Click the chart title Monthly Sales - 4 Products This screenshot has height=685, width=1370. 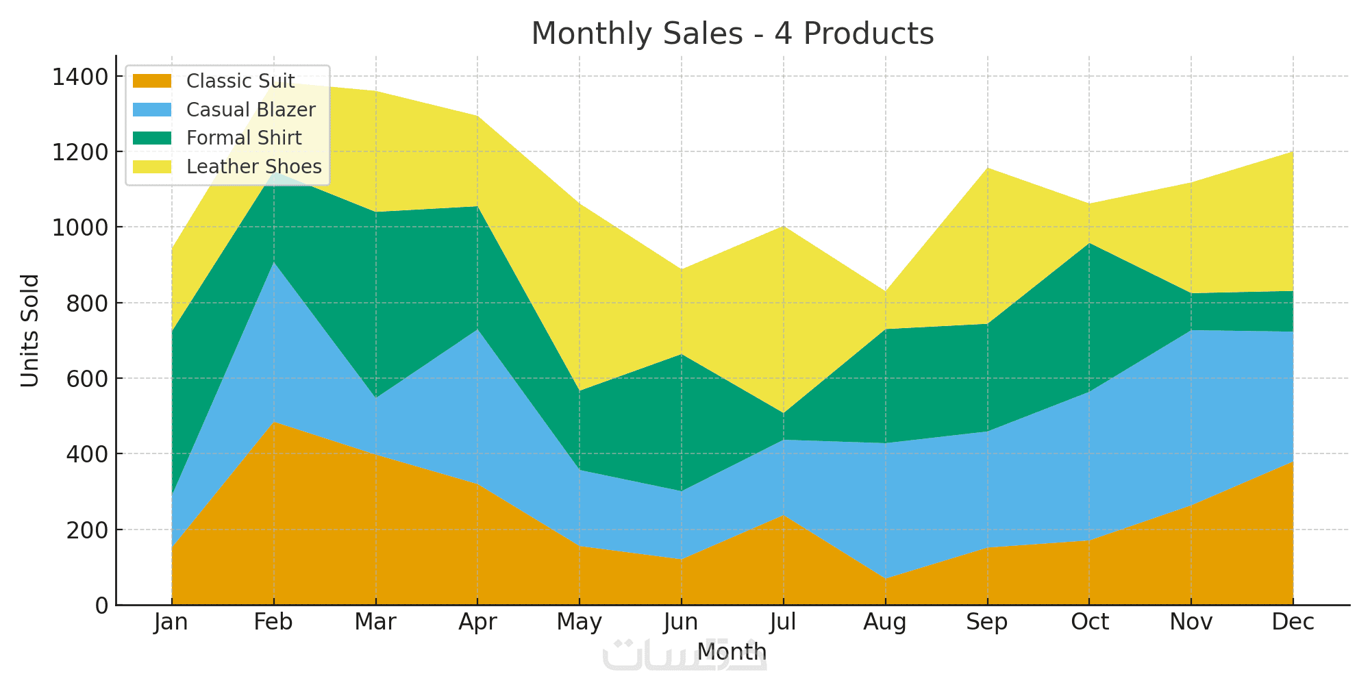[732, 34]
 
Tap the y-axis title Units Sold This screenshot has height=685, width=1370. [29, 330]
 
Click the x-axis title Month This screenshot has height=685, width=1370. [732, 651]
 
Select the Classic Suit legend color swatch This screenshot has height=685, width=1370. [152, 81]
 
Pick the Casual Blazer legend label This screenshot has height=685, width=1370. [251, 110]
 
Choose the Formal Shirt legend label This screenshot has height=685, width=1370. [244, 138]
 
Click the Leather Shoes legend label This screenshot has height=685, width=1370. [253, 167]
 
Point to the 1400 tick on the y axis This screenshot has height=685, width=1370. [79, 77]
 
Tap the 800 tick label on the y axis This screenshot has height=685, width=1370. [87, 303]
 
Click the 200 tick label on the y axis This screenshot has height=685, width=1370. [87, 530]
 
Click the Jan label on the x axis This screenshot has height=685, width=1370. [171, 622]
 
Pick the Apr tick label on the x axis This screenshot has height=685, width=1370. [477, 622]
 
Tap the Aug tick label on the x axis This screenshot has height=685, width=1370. [885, 622]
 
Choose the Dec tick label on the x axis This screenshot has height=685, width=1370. [1293, 622]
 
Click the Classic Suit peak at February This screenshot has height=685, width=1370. [274, 422]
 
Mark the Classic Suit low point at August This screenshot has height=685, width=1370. [886, 578]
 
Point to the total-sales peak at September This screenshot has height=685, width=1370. [987, 168]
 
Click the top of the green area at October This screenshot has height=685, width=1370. [1089, 243]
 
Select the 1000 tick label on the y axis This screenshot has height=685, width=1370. [79, 227]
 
